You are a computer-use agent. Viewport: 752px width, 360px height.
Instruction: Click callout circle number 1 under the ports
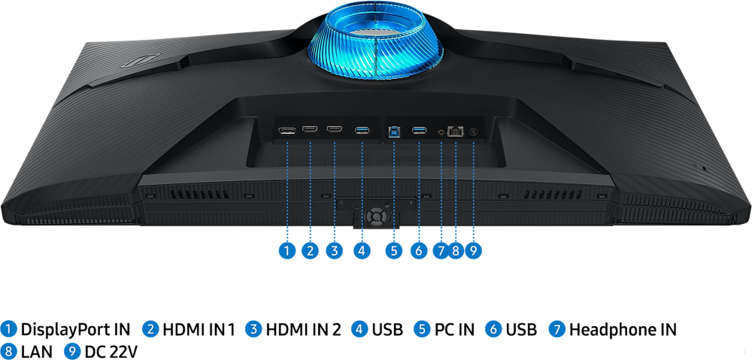tap(286, 250)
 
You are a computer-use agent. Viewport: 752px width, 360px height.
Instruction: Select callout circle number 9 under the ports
tap(473, 250)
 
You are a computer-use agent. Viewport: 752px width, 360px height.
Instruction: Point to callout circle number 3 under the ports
tap(335, 250)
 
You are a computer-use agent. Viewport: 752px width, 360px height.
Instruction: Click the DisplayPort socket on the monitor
tap(287, 132)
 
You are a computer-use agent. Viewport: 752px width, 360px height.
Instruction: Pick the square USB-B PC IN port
tap(395, 131)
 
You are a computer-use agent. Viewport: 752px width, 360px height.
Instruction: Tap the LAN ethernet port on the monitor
tap(454, 131)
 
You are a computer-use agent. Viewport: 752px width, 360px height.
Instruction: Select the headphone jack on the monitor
tap(441, 132)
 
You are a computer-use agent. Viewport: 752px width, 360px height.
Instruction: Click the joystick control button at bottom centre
tap(375, 215)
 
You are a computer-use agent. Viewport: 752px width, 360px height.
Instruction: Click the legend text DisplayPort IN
tap(75, 329)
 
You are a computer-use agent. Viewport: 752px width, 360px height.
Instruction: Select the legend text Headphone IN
tap(623, 329)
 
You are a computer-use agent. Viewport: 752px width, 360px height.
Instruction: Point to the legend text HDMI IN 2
tap(303, 329)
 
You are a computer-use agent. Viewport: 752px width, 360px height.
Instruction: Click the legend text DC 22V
tap(111, 351)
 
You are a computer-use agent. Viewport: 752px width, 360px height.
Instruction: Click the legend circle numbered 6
tap(493, 329)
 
